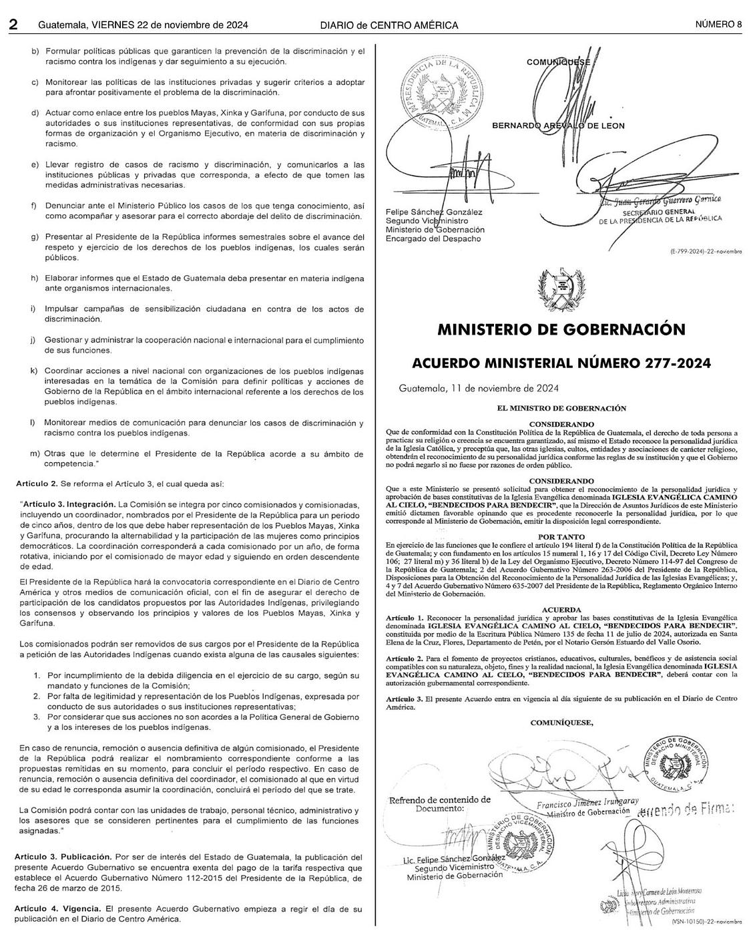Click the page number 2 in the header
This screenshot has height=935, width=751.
(13, 25)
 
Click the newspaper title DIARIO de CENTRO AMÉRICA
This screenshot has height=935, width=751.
(389, 25)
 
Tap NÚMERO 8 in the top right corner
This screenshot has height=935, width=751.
(718, 25)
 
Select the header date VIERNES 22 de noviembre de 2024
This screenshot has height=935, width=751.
(170, 25)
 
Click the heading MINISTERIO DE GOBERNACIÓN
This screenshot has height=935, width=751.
(561, 329)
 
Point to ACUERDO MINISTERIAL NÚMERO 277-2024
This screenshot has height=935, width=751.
(561, 363)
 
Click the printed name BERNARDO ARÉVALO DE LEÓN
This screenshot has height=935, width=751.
(558, 126)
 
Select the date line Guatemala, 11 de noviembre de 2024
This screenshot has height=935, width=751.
(479, 388)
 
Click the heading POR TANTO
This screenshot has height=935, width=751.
(561, 537)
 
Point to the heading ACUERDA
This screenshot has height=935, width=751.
(561, 610)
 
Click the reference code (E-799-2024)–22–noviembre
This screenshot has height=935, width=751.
(706, 252)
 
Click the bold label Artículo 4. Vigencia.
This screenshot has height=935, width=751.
(57, 909)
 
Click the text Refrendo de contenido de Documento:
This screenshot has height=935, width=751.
(439, 803)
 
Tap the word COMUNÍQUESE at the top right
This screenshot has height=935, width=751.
(558, 62)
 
